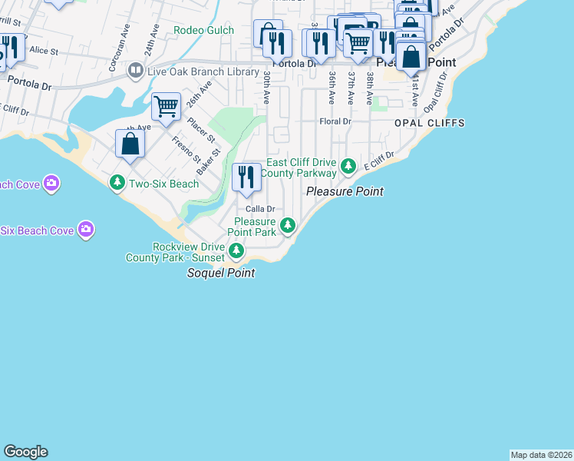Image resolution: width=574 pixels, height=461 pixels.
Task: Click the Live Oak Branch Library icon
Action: coord(136,71)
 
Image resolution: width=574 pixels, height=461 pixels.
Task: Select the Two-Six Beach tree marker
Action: coord(117,183)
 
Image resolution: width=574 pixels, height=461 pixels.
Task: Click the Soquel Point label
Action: coord(221,274)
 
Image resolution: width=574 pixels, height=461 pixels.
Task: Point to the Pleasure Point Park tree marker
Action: coord(288,225)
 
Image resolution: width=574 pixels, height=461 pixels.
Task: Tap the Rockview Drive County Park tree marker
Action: coord(237,250)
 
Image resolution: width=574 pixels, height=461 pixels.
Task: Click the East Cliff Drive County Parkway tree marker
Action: coord(348,165)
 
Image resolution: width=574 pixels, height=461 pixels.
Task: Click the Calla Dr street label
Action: coord(260,209)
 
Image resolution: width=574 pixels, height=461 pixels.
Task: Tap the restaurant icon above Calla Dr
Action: coord(246,177)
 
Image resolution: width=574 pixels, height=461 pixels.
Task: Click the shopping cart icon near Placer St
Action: coord(166,107)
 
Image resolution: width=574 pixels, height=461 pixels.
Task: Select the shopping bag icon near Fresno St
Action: coord(130,143)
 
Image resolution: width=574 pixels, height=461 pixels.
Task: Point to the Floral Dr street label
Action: coord(335,121)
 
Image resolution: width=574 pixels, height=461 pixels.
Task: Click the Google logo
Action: coord(25,452)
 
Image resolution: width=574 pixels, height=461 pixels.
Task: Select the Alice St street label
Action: coord(44,51)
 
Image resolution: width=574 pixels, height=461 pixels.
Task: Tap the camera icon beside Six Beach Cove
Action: coord(86,230)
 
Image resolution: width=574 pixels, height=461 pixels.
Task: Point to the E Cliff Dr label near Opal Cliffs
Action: coord(378,161)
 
